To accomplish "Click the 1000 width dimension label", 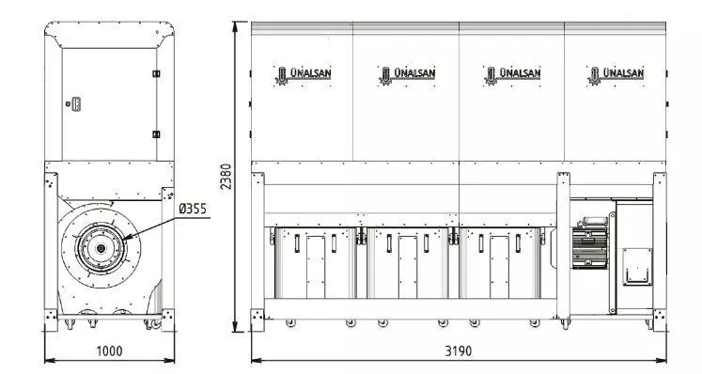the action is tap(109, 351).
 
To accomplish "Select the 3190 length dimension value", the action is tap(458, 351).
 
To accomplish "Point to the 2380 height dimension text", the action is tap(226, 177).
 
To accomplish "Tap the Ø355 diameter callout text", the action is tap(193, 209).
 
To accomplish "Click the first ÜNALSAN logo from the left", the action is tap(304, 75).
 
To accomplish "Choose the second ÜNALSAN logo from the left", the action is tap(407, 75).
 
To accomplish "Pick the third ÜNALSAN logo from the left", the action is tap(512, 75).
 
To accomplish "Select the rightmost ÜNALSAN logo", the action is tap(616, 75).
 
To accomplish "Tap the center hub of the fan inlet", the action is tap(101, 248).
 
